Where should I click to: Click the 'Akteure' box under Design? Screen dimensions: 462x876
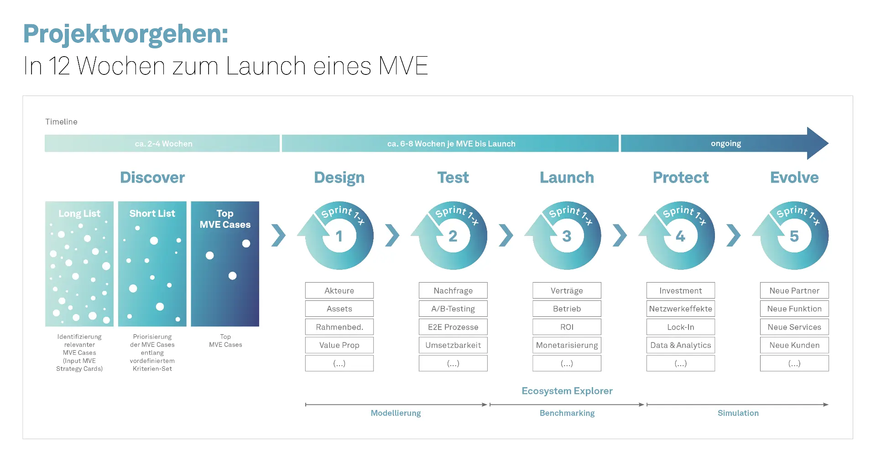click(339, 290)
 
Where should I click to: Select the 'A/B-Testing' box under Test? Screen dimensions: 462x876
click(453, 309)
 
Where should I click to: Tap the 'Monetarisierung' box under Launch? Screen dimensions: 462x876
click(567, 345)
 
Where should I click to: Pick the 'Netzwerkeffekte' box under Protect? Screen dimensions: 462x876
click(680, 309)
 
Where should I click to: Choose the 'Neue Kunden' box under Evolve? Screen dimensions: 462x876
click(794, 345)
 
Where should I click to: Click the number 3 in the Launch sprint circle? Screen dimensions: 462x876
click(567, 236)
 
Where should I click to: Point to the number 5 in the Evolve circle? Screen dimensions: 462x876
click(794, 236)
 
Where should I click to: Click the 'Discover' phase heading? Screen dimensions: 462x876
click(152, 178)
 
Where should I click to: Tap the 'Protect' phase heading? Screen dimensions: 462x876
click(680, 178)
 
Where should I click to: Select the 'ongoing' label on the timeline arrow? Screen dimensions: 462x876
click(725, 143)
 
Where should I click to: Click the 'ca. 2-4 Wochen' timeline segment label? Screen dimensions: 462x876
click(163, 143)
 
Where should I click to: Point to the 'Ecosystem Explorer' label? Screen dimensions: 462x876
click(567, 391)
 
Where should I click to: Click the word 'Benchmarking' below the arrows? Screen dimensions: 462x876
click(567, 413)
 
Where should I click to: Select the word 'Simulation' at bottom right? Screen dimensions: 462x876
click(738, 413)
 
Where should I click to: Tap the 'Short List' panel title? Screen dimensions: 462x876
click(152, 213)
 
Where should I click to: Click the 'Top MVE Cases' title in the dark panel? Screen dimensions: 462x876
click(225, 219)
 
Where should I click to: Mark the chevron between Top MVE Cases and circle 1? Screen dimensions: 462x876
click(278, 236)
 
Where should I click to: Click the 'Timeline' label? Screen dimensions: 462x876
click(61, 122)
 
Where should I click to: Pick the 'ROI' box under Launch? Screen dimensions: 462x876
click(567, 327)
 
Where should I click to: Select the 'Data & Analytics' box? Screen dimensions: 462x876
click(680, 345)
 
